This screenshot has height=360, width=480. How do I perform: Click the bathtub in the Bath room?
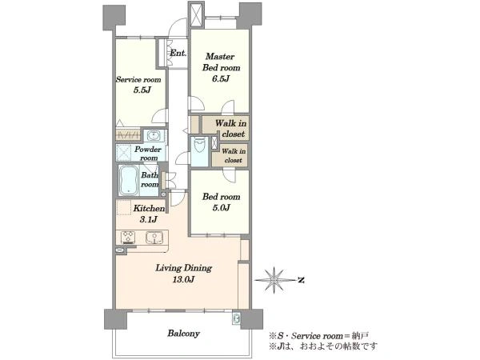click(x=128, y=181)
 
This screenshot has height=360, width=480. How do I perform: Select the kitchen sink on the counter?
click(x=154, y=238)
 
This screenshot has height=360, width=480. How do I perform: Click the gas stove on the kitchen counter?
click(x=128, y=238)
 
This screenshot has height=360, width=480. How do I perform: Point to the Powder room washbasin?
click(x=154, y=135)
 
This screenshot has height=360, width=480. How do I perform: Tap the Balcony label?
click(x=183, y=333)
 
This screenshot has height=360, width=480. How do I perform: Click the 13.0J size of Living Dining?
click(x=184, y=279)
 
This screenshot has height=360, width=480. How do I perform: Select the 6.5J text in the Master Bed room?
click(x=221, y=78)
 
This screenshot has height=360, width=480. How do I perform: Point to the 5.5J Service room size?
click(x=142, y=90)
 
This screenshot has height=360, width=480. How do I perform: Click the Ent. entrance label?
click(x=178, y=53)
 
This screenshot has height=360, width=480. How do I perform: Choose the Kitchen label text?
click(x=149, y=209)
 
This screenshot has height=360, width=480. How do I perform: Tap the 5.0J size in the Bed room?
click(x=221, y=208)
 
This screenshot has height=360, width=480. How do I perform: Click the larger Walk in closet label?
click(x=231, y=129)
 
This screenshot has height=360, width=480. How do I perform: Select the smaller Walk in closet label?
click(x=234, y=155)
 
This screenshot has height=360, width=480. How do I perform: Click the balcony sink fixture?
click(x=236, y=318)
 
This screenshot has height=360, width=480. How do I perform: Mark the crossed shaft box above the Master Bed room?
click(x=197, y=14)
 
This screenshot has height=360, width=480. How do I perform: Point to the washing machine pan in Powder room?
click(x=124, y=153)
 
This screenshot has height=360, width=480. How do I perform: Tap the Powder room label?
click(x=148, y=154)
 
